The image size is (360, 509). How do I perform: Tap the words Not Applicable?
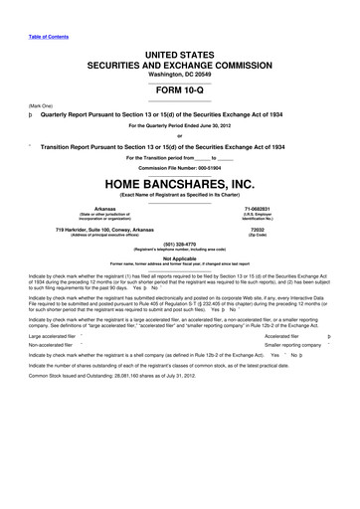[180, 257]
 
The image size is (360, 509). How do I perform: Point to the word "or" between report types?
[180, 135]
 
